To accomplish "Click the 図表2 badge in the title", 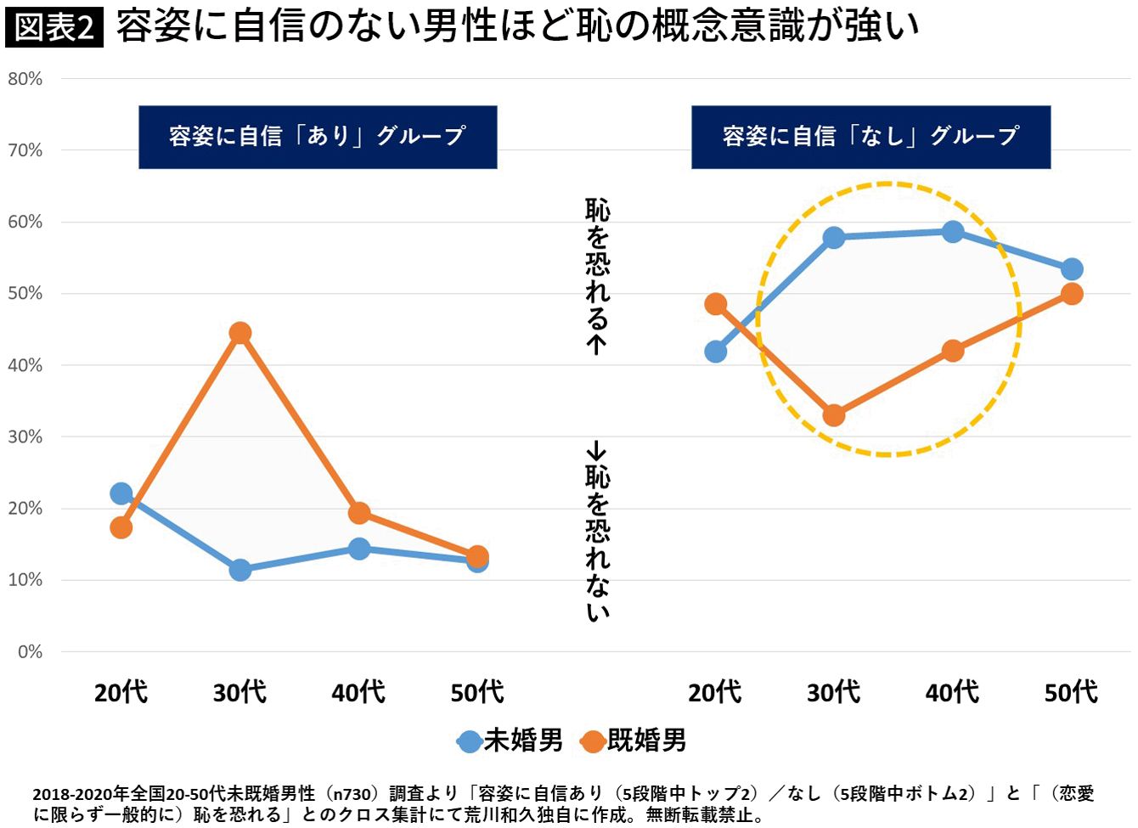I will (54, 27).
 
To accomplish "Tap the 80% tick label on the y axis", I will (25, 79).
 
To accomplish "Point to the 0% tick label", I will (30, 651).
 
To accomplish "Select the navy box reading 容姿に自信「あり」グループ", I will (318, 137).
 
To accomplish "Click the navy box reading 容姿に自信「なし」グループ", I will (870, 137).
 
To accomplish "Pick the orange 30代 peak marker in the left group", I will (240, 333).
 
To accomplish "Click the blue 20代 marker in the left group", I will (121, 493).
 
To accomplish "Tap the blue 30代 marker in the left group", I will (240, 570).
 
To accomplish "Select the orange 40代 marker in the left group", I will (359, 513).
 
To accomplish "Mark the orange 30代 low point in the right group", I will (834, 415).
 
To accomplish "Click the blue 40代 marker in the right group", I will (953, 232).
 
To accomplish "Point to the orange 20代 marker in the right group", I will (716, 304).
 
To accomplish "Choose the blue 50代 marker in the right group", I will (1072, 269).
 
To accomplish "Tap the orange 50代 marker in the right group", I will (1072, 294).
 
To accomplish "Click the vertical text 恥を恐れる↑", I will (598, 276).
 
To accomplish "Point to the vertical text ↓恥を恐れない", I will (598, 531).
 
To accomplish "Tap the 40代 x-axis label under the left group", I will (358, 692).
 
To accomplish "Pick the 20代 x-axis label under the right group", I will (715, 692).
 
